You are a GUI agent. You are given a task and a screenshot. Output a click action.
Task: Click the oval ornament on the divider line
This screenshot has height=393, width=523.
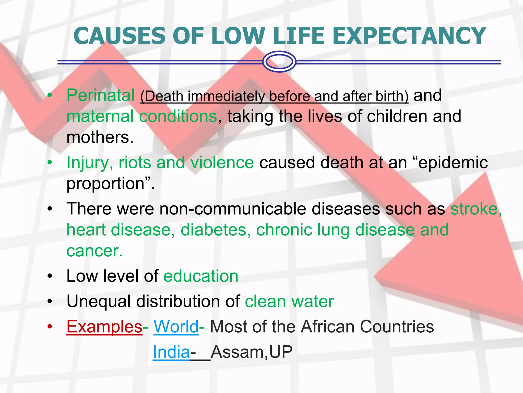pyautogui.click(x=279, y=62)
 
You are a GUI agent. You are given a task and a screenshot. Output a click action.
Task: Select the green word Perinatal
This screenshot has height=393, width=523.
pyautogui.click(x=100, y=95)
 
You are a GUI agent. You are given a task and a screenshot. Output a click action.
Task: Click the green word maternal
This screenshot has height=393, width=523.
pyautogui.click(x=100, y=116)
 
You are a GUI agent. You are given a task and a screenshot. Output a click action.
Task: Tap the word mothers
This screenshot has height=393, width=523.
pyautogui.click(x=100, y=137)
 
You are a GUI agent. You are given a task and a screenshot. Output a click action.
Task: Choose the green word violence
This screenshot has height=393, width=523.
pyautogui.click(x=222, y=163)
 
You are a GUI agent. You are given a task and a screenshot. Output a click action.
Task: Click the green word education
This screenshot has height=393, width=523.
pyautogui.click(x=201, y=276)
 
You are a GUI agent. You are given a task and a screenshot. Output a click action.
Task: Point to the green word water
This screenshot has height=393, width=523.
pyautogui.click(x=313, y=301)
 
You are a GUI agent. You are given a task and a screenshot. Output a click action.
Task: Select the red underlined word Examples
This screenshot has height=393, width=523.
pyautogui.click(x=104, y=327)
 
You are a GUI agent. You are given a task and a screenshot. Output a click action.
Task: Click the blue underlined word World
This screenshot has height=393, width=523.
pyautogui.click(x=176, y=327)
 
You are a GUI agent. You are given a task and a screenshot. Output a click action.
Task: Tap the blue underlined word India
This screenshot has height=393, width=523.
pyautogui.click(x=171, y=352)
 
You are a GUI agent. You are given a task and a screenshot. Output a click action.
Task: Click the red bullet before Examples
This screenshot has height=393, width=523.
pyautogui.click(x=50, y=327)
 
